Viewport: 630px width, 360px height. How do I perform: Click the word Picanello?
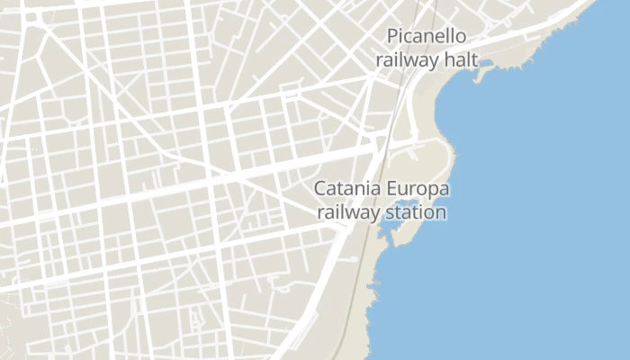(x=425, y=37)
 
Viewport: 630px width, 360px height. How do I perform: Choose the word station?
(x=415, y=213)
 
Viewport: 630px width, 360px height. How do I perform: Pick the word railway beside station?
(x=347, y=214)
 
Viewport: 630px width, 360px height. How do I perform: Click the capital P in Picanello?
(x=392, y=37)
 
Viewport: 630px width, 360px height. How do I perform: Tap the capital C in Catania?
(x=319, y=190)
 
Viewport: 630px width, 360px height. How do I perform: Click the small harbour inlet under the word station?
(x=393, y=230)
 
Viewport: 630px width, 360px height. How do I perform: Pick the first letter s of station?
(x=388, y=214)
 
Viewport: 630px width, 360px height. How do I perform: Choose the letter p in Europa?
(x=433, y=193)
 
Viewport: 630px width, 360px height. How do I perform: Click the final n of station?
(x=441, y=214)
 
